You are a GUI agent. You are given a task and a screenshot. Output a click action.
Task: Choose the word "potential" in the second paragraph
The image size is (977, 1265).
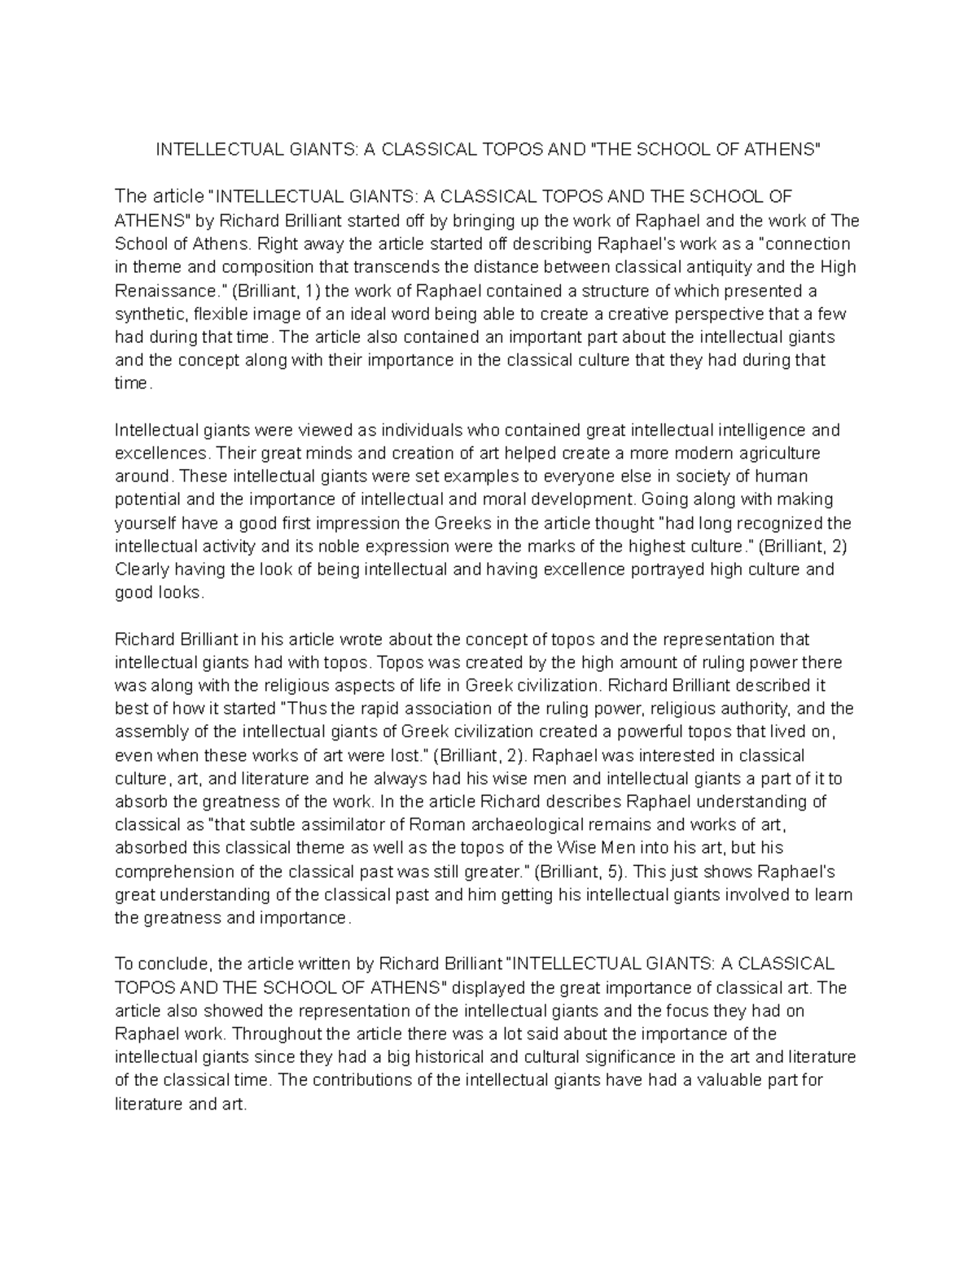[x=147, y=499]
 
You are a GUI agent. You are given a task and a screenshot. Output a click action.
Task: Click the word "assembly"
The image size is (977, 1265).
[x=148, y=731]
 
